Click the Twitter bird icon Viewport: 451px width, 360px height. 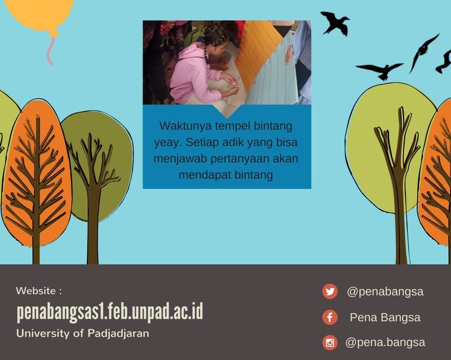[330, 291]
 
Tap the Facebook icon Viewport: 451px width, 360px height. [330, 317]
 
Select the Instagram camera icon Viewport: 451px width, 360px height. [330, 343]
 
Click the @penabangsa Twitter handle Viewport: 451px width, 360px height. [385, 292]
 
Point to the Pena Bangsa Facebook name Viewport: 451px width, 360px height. [385, 317]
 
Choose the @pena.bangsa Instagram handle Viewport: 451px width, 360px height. [385, 343]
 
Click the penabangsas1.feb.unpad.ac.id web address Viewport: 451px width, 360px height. [110, 312]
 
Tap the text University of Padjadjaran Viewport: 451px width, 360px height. [83, 334]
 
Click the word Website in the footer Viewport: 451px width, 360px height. [36, 291]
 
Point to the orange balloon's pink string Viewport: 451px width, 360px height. [51, 51]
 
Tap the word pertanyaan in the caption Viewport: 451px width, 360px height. [240, 159]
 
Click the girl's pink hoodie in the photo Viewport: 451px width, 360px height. [193, 73]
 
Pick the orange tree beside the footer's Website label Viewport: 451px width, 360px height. [36, 178]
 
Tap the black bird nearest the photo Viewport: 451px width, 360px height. [335, 23]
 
